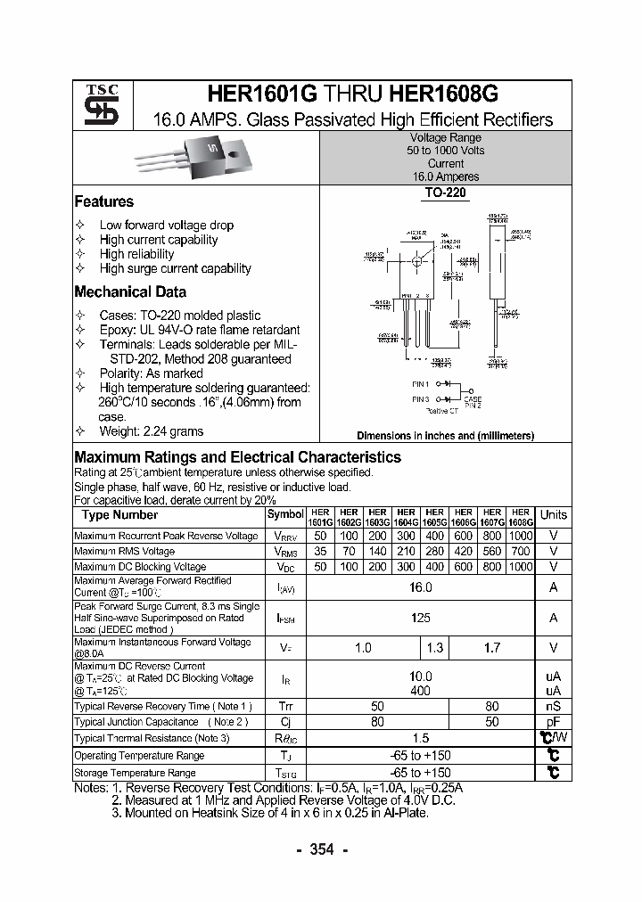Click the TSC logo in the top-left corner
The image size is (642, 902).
click(95, 105)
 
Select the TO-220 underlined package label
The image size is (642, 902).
click(445, 192)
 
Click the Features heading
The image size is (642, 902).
click(103, 201)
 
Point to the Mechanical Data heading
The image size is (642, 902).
click(130, 291)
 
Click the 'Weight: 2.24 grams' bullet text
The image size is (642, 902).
click(151, 431)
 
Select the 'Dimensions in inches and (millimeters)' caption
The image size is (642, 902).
click(445, 436)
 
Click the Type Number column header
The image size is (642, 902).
click(119, 515)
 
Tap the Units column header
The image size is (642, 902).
click(553, 515)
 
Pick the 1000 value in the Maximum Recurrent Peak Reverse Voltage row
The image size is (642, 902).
click(520, 536)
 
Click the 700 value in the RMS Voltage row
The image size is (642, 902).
click(520, 552)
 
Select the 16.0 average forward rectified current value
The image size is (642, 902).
click(420, 587)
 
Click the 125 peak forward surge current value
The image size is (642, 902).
click(420, 617)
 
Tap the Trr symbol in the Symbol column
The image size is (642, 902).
click(285, 706)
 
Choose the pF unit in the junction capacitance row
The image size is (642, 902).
click(553, 722)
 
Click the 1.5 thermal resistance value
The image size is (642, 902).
click(420, 738)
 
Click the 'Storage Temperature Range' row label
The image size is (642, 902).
click(135, 773)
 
